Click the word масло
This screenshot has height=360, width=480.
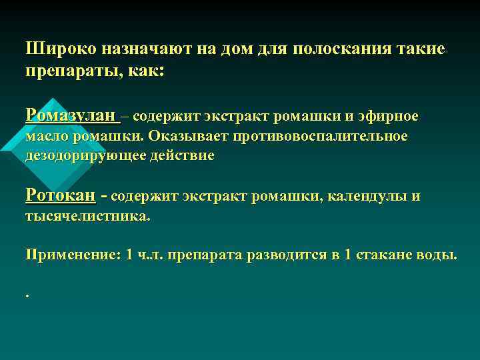47,137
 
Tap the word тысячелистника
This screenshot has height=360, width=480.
87,217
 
